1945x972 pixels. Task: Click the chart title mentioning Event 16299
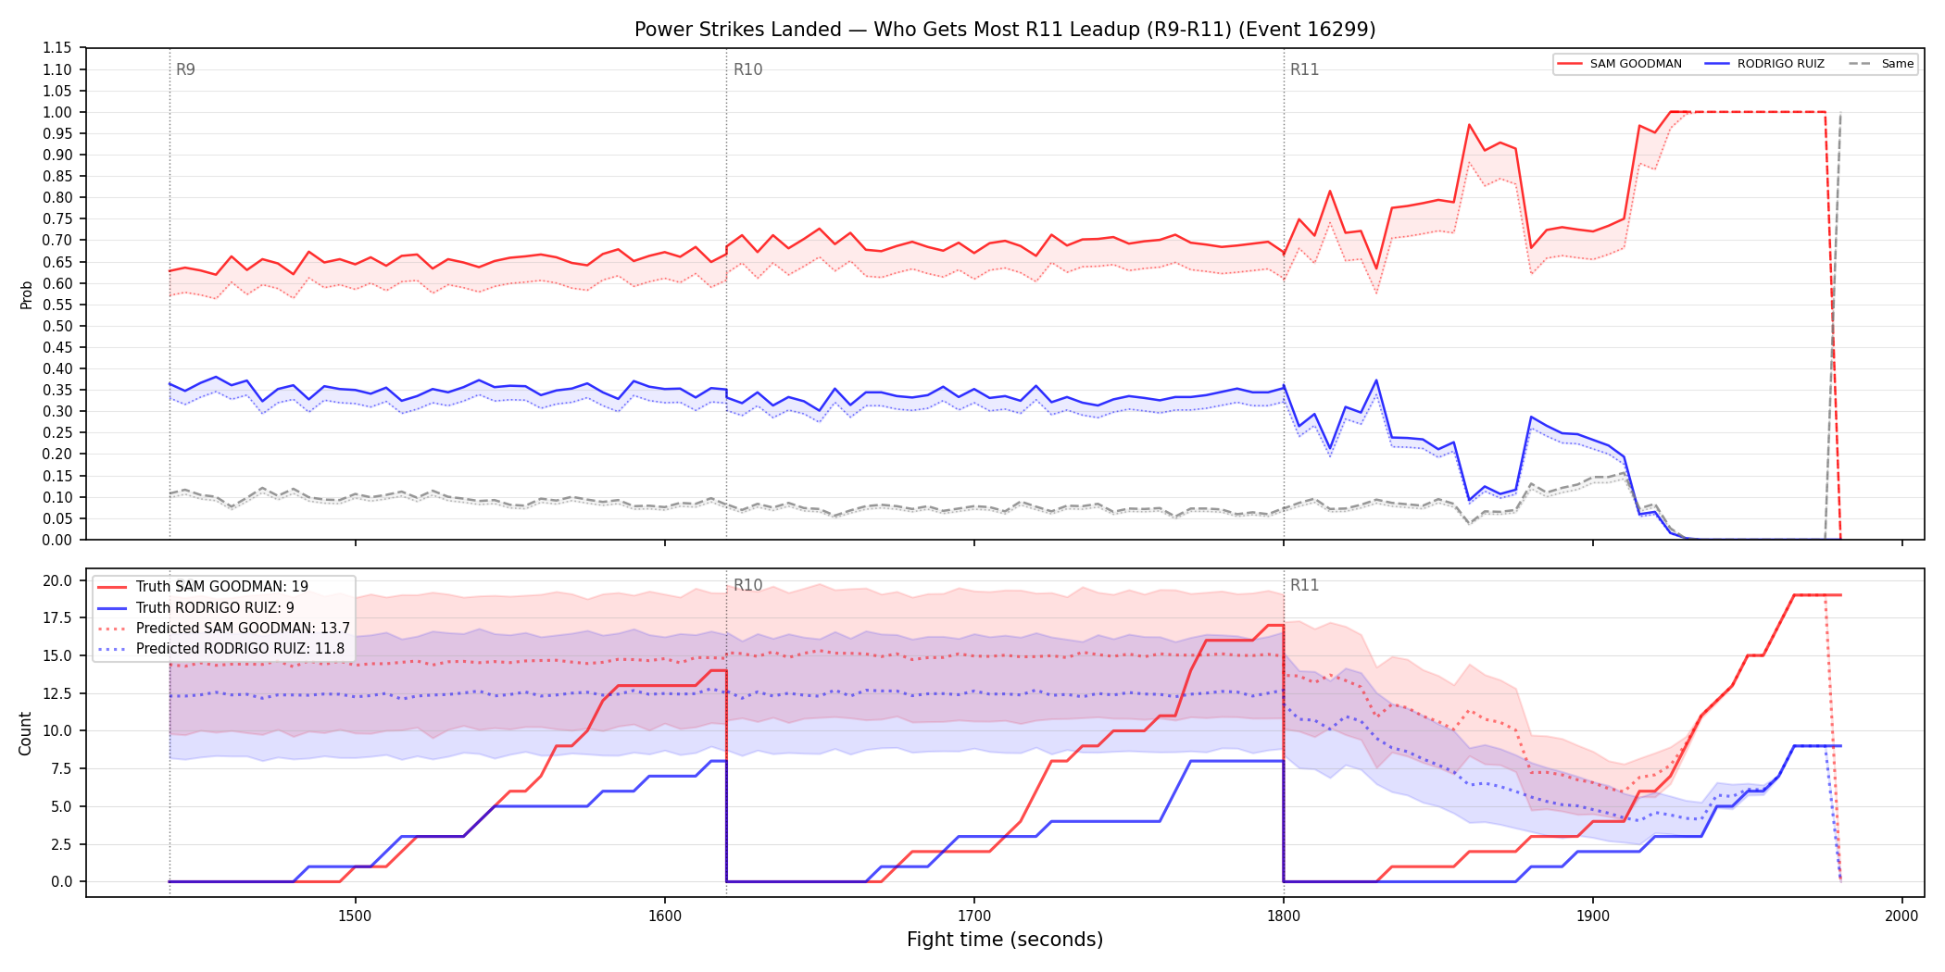[1005, 30]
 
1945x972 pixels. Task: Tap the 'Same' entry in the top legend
[1881, 64]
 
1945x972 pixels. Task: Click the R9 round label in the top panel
[185, 69]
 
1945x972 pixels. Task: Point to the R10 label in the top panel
[747, 69]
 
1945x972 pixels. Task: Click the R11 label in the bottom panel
[1304, 585]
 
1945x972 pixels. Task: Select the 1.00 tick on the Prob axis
[57, 112]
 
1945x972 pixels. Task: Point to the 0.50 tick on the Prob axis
[57, 326]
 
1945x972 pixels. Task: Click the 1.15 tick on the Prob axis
[57, 48]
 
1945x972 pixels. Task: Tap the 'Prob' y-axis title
[27, 294]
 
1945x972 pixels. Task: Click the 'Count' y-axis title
[25, 733]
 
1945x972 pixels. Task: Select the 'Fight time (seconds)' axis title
[1005, 940]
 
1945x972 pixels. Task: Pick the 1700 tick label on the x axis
[973, 916]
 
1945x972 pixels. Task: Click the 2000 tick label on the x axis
[1901, 916]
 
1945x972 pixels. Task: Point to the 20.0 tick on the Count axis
[57, 580]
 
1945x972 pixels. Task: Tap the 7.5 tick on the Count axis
[61, 768]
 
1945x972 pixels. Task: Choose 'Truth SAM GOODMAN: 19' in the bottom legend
[222, 587]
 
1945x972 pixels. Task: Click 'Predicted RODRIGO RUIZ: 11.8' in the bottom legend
[240, 648]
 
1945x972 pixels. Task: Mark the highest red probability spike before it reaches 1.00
[1469, 124]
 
